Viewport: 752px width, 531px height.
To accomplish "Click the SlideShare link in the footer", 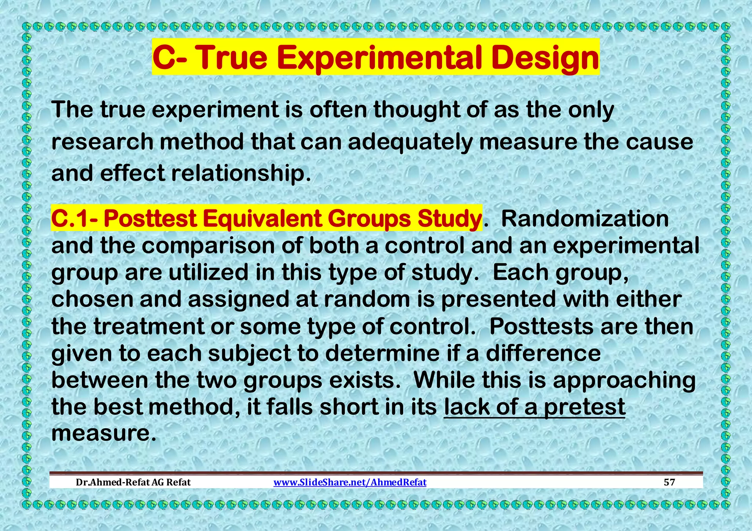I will [350, 482].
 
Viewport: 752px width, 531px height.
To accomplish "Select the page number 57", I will [669, 482].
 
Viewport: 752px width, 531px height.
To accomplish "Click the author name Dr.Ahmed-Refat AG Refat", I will [133, 482].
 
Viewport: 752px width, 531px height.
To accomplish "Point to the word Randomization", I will [585, 219].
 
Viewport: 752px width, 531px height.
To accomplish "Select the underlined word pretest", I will [585, 407].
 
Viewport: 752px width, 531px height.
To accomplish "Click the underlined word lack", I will [467, 407].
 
